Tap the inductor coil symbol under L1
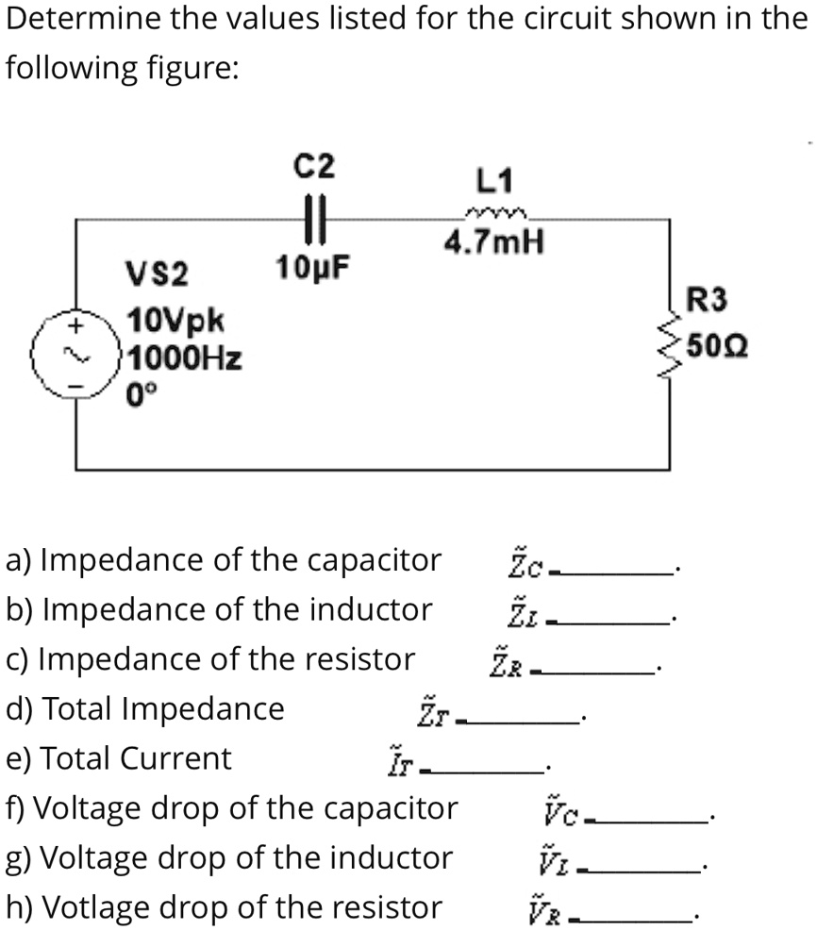[496, 214]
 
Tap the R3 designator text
[708, 301]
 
